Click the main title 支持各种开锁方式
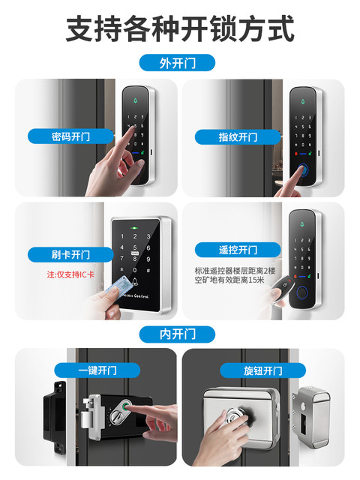180,29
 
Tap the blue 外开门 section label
177,62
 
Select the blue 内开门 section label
177,334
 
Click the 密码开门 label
70,136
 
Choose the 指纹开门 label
238,136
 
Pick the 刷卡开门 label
70,254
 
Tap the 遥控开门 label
237,250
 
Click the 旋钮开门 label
262,370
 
